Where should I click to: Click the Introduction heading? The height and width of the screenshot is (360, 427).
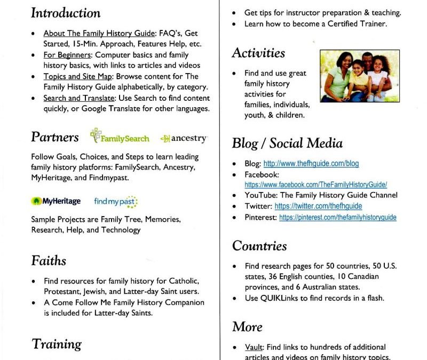click(x=66, y=13)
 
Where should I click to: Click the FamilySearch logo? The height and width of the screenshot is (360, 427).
click(x=120, y=137)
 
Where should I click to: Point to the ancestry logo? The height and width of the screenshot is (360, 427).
click(x=183, y=138)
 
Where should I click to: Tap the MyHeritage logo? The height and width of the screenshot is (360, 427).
click(x=56, y=201)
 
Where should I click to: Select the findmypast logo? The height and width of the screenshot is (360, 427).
click(x=116, y=202)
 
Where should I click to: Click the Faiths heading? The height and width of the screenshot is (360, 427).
click(x=49, y=261)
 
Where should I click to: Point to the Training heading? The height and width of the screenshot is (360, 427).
click(x=57, y=344)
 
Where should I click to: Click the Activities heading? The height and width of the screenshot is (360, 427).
click(x=258, y=53)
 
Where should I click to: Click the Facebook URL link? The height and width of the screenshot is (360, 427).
click(x=315, y=185)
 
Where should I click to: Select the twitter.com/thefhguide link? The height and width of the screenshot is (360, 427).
click(x=318, y=206)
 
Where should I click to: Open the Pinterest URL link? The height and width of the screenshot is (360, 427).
click(x=338, y=217)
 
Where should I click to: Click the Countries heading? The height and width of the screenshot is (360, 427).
click(x=259, y=246)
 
